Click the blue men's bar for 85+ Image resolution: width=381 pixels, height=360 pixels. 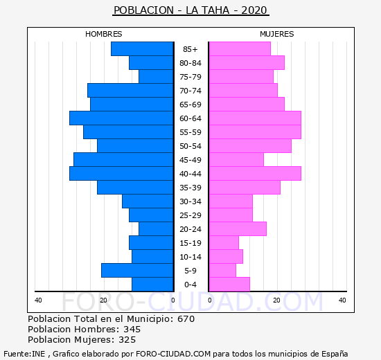click(142, 49)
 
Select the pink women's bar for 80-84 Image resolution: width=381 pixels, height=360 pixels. click(247, 63)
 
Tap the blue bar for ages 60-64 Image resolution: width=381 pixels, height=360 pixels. click(121, 118)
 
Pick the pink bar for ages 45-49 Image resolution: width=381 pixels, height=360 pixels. click(236, 160)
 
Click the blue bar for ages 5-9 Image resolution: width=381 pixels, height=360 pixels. click(137, 271)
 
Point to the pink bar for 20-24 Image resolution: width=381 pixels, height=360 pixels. click(238, 229)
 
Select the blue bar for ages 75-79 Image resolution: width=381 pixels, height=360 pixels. click(156, 77)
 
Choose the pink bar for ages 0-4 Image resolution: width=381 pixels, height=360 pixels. click(229, 285)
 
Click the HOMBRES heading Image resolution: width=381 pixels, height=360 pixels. click(103, 34)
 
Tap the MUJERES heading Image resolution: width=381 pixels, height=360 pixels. click(277, 34)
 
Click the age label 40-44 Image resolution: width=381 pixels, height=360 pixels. click(190, 174)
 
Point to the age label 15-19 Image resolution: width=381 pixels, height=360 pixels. click(190, 243)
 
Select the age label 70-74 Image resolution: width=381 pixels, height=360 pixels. click(190, 91)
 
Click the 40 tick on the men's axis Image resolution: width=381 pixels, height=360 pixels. click(38, 300)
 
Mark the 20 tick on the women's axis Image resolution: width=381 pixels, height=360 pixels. click(276, 300)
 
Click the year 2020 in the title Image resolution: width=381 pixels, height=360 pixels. click(254, 10)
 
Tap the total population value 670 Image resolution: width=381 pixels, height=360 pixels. click(186, 318)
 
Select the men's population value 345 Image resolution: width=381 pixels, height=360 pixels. click(132, 329)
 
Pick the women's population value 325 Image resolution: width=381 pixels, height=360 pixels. click(127, 340)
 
